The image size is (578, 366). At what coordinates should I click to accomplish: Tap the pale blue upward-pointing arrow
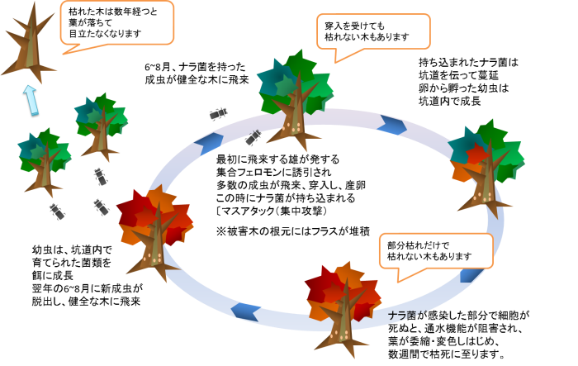coord(31,99)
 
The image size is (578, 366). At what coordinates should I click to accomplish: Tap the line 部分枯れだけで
coord(418,245)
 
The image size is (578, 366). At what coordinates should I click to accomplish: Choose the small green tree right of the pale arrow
coord(101,124)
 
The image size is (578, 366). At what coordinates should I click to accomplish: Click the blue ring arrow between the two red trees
coord(245,311)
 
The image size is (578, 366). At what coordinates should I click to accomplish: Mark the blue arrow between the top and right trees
coord(392,125)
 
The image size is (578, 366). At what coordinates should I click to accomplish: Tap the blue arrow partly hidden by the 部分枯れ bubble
coord(471,275)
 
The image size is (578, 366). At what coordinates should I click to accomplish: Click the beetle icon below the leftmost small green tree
coord(57,212)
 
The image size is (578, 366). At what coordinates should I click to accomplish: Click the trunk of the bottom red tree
coord(343,326)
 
